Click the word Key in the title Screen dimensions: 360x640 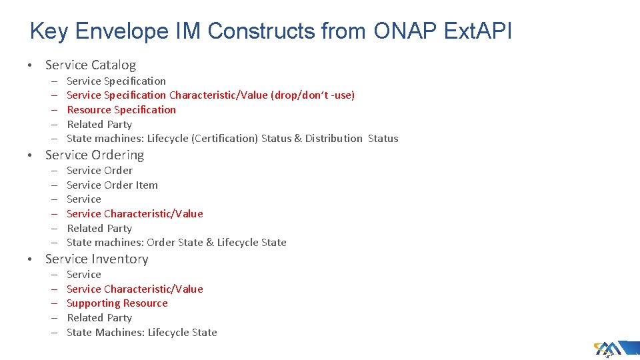pyautogui.click(x=51, y=31)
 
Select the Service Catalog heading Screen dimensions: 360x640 pyautogui.click(x=90, y=65)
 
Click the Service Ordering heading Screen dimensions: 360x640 pyautogui.click(x=94, y=155)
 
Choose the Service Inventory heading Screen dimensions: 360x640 pyautogui.click(x=97, y=259)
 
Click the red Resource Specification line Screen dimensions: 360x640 pyautogui.click(x=121, y=109)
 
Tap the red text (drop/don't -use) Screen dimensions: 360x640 pyautogui.click(x=313, y=95)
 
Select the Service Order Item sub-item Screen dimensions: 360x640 pyautogui.click(x=112, y=185)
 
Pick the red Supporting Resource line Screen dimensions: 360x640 pyautogui.click(x=117, y=303)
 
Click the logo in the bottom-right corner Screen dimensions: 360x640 pyautogui.click(x=609, y=349)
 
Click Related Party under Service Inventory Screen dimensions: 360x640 pyautogui.click(x=99, y=318)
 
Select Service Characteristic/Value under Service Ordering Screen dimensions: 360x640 pyautogui.click(x=135, y=213)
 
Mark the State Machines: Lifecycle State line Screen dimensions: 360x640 pyautogui.click(x=141, y=332)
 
